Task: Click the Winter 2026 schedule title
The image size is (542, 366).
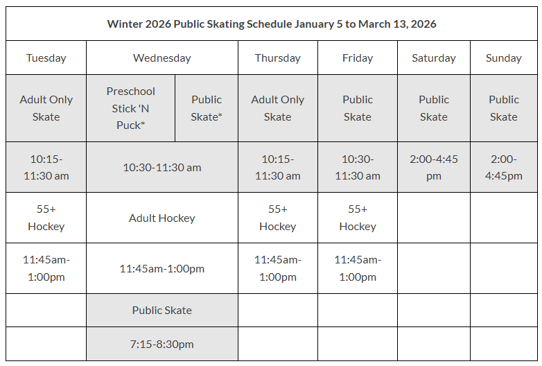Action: (x=271, y=24)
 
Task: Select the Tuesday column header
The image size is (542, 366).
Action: (x=46, y=58)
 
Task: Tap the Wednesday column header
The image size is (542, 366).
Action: (x=161, y=58)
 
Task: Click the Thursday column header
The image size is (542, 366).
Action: (x=277, y=58)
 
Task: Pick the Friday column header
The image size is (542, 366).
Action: (x=358, y=58)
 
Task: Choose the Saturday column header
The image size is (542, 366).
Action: (x=433, y=58)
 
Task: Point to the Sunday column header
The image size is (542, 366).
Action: (x=504, y=58)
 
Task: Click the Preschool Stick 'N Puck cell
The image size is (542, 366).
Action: (x=130, y=108)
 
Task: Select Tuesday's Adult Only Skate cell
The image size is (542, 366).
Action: (x=46, y=108)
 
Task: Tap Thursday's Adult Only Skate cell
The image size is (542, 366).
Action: (x=277, y=108)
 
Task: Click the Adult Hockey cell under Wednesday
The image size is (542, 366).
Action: (x=161, y=218)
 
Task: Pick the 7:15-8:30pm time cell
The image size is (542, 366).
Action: (x=161, y=344)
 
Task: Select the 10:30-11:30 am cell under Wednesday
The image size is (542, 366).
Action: (x=161, y=167)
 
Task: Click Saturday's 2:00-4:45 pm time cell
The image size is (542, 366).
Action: (x=433, y=167)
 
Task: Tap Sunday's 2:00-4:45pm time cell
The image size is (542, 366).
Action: (x=504, y=167)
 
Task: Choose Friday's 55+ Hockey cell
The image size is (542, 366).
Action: (x=358, y=218)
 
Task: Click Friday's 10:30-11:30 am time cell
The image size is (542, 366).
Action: (x=358, y=167)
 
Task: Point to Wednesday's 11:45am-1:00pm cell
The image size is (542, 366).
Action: (x=161, y=268)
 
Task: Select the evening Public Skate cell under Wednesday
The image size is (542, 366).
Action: (x=161, y=310)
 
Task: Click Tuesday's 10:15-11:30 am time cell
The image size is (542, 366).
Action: (x=46, y=167)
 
